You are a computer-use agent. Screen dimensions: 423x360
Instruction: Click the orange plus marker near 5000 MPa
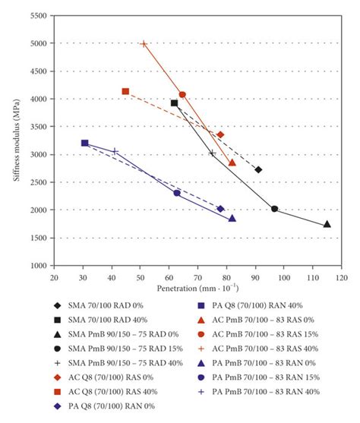[144, 44]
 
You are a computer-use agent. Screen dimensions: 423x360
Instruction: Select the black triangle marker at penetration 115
[327, 224]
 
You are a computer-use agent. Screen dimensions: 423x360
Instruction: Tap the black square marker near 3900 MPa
[175, 103]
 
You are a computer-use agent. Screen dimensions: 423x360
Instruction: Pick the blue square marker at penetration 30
[84, 143]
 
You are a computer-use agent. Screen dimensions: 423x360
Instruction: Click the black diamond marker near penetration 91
[258, 169]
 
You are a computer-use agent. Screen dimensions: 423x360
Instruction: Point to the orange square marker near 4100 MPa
[125, 91]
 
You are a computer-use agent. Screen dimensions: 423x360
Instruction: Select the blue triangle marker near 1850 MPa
[232, 218]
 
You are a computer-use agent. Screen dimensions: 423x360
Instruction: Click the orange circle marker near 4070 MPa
[182, 95]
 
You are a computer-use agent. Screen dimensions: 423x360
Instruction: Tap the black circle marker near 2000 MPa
[274, 209]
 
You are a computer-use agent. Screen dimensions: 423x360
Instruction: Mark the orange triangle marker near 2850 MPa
[232, 163]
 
